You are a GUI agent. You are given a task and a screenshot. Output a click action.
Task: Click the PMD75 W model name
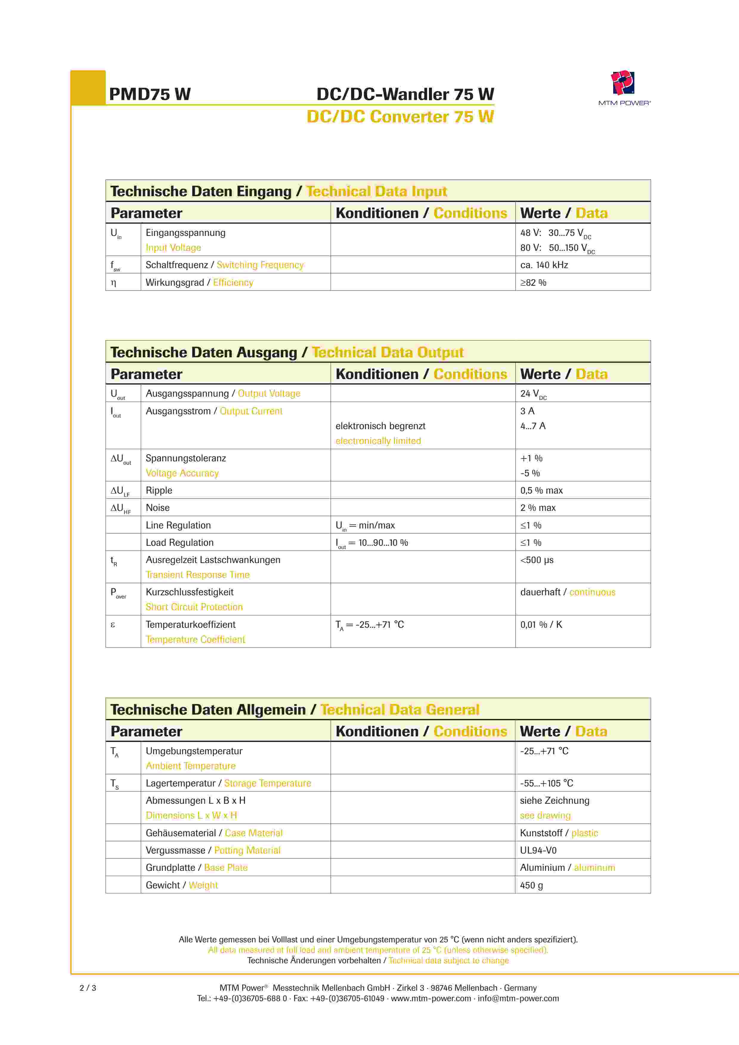(x=150, y=94)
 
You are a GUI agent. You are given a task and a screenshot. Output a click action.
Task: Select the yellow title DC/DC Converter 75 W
(x=400, y=117)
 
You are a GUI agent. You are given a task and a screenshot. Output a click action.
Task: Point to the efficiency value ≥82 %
(x=533, y=283)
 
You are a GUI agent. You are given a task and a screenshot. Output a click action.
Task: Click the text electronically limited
(x=378, y=441)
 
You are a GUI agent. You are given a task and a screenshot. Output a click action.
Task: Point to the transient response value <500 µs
(x=537, y=560)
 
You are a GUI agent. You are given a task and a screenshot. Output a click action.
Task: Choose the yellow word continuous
(x=592, y=592)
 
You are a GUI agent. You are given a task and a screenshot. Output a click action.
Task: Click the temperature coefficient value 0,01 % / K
(x=541, y=625)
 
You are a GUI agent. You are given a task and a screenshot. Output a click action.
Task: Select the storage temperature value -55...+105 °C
(x=546, y=783)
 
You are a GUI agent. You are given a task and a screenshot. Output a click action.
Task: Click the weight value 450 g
(x=531, y=885)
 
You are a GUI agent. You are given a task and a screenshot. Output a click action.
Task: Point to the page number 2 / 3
(x=88, y=988)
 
